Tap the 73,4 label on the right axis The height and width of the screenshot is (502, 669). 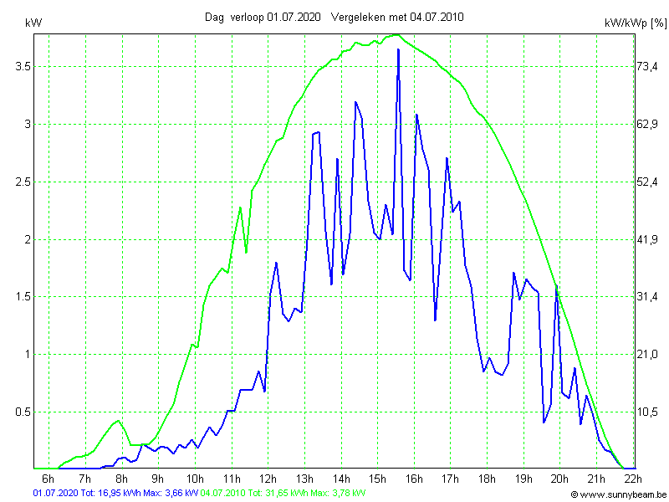(x=648, y=66)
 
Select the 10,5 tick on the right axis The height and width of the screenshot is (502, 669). (x=648, y=412)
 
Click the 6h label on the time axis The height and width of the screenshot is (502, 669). (x=48, y=479)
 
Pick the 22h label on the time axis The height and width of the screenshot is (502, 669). (x=633, y=479)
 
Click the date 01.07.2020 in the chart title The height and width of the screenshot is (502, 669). (x=294, y=17)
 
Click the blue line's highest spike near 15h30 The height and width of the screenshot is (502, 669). (x=398, y=49)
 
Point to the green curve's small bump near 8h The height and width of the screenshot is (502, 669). (x=119, y=420)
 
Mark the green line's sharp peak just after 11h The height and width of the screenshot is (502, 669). (x=240, y=207)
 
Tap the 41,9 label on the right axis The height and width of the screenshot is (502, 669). (x=648, y=239)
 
